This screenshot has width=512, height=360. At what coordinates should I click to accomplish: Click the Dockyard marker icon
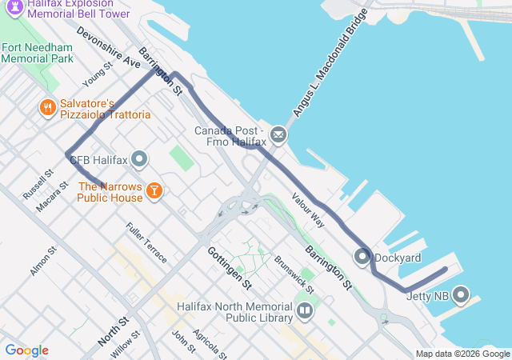pos(362,258)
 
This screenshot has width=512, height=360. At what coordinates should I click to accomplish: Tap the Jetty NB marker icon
pos(461,296)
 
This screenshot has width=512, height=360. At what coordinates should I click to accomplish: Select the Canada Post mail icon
pos(278,135)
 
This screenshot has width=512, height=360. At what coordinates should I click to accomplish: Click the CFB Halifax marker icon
pos(140,160)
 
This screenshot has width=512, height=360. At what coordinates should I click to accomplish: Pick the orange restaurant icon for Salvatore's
pos(48,107)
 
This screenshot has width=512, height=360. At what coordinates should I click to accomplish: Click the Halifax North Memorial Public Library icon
pos(304,310)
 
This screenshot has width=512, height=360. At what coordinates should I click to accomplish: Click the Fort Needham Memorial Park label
pos(37,52)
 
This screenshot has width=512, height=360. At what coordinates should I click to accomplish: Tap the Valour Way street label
pos(308,210)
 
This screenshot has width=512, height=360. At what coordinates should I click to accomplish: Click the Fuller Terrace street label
pos(146,242)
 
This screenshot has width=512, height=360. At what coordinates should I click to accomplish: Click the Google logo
pos(26,350)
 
